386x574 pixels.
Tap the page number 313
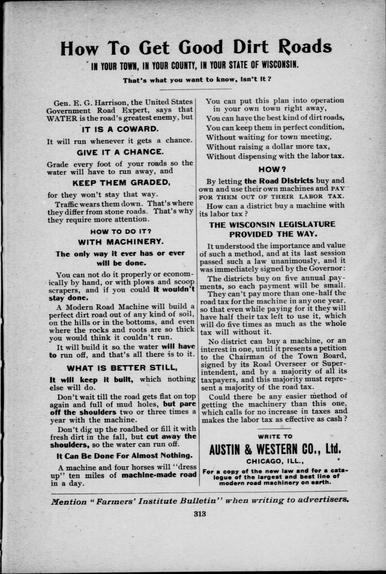200,514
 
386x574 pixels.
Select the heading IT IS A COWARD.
120,129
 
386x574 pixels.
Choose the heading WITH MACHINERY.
121,242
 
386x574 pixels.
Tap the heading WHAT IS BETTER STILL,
122,368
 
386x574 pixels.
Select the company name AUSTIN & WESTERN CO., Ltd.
275,449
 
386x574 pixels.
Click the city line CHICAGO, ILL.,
275,461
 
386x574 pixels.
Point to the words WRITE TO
275,437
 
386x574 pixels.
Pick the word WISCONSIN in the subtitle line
274,65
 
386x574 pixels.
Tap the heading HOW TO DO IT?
121,232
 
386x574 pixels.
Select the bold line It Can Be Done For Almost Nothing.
125,455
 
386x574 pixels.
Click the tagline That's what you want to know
197,80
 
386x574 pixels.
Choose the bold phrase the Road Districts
279,181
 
